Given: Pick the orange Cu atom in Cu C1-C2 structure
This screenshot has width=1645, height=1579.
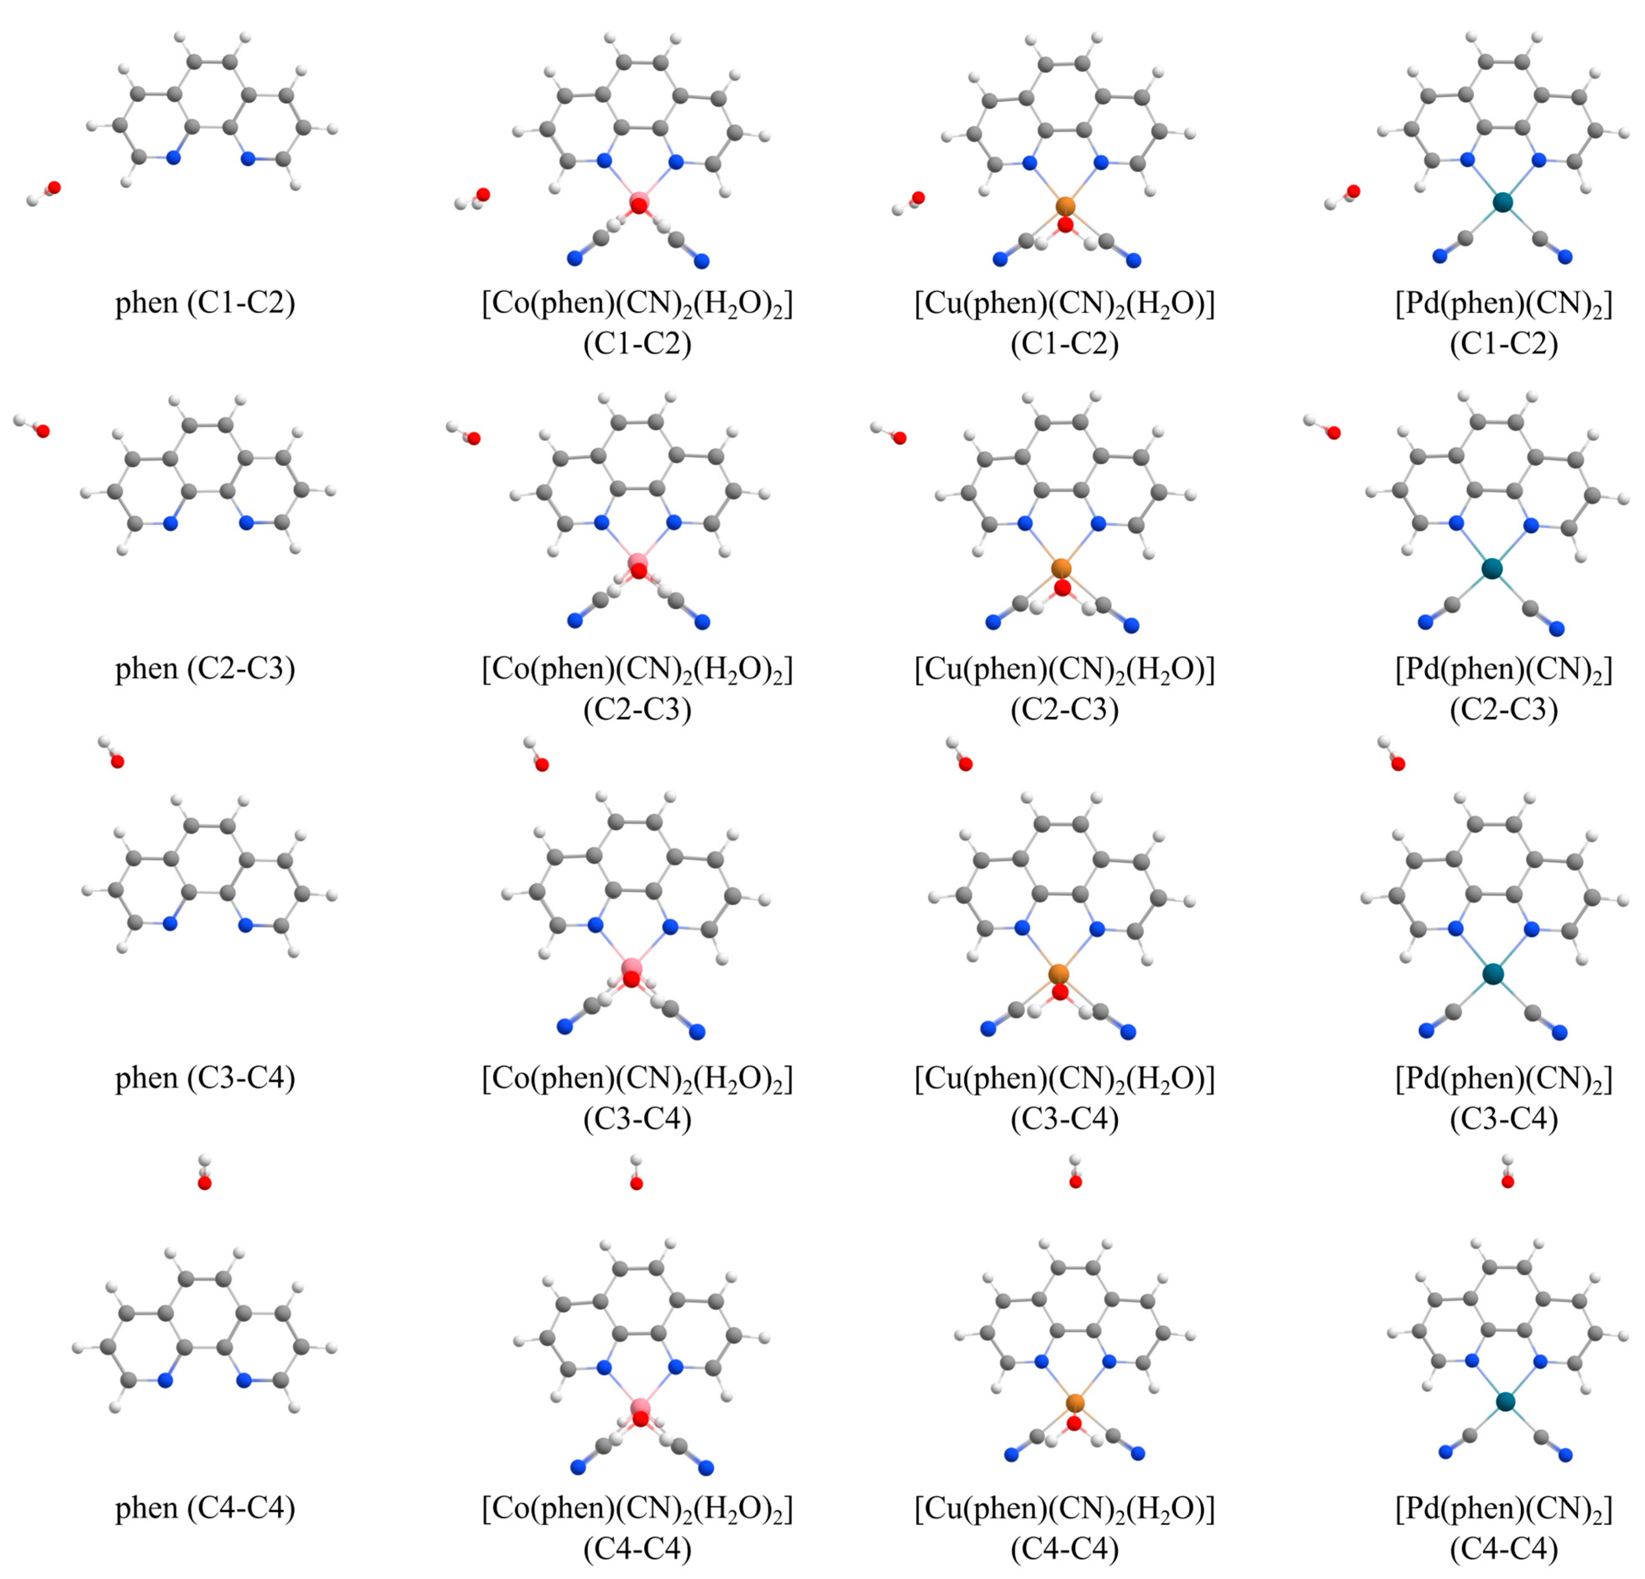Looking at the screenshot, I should click(1065, 206).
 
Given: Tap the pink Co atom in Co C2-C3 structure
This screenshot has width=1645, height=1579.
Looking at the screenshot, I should click(638, 563).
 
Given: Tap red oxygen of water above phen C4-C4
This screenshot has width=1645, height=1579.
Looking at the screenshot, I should click(204, 1183).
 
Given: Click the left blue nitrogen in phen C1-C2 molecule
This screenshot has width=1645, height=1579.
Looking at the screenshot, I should click(174, 157).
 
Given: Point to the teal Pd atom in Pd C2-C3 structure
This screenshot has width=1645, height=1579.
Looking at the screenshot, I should click(1491, 569).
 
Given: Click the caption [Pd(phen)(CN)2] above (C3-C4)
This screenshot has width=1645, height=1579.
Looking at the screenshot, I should click(1503, 1078).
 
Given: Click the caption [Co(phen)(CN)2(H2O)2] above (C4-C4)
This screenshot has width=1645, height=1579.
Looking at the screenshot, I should click(637, 1508).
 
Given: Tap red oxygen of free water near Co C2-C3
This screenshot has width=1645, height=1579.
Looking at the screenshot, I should click(473, 438).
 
